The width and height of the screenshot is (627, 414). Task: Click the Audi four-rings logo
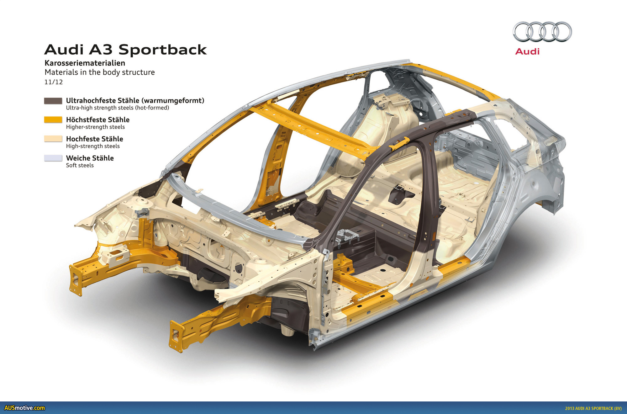[x=542, y=32]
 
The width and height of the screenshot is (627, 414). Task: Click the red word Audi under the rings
[x=527, y=51]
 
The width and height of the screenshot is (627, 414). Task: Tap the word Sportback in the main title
[x=162, y=50]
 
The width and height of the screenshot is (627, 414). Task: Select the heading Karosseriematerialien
[x=85, y=63]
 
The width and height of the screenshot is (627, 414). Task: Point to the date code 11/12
[x=54, y=82]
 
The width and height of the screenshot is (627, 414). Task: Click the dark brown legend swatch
[x=53, y=101]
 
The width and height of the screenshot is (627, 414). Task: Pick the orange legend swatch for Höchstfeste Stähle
[x=53, y=119]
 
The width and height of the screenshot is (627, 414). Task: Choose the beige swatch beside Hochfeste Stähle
[x=53, y=139]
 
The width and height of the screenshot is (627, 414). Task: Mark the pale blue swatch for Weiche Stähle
[x=53, y=158]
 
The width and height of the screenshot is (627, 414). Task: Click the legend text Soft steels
[x=80, y=165]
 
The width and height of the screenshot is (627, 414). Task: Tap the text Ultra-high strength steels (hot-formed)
[x=117, y=108]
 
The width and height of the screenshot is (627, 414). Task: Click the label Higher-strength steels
[x=95, y=127]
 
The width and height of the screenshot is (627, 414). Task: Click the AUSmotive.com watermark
[x=24, y=408]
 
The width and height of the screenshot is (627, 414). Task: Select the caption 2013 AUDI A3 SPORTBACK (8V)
[x=593, y=408]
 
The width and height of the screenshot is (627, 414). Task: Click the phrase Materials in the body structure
[x=100, y=72]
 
